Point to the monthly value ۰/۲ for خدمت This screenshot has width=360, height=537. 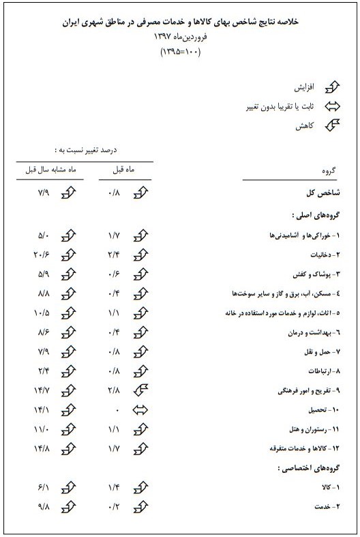[x=115, y=508]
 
